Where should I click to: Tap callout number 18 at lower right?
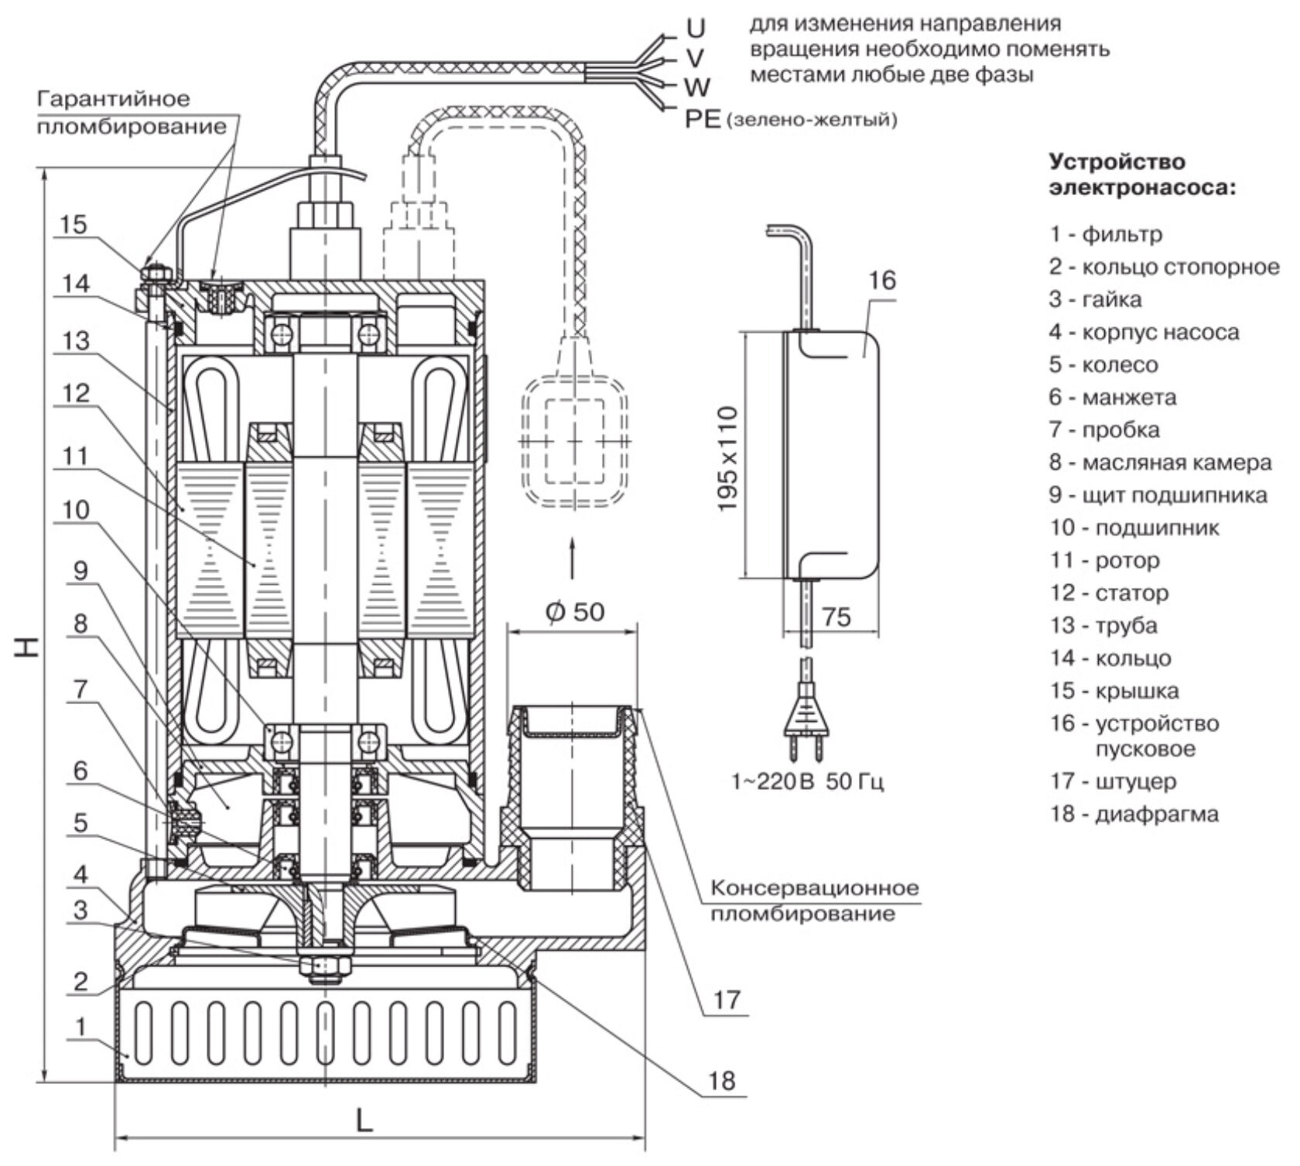721,1080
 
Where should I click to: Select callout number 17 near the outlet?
727,1000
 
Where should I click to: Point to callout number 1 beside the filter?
80,1026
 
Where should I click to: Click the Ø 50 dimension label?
574,611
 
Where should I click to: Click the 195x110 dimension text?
728,458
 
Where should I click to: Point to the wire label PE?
703,120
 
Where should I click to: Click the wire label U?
696,28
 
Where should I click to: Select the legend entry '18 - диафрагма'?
1134,814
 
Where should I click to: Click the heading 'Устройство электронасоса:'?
1141,175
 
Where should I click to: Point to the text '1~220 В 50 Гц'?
807,781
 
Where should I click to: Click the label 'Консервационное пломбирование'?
814,900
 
